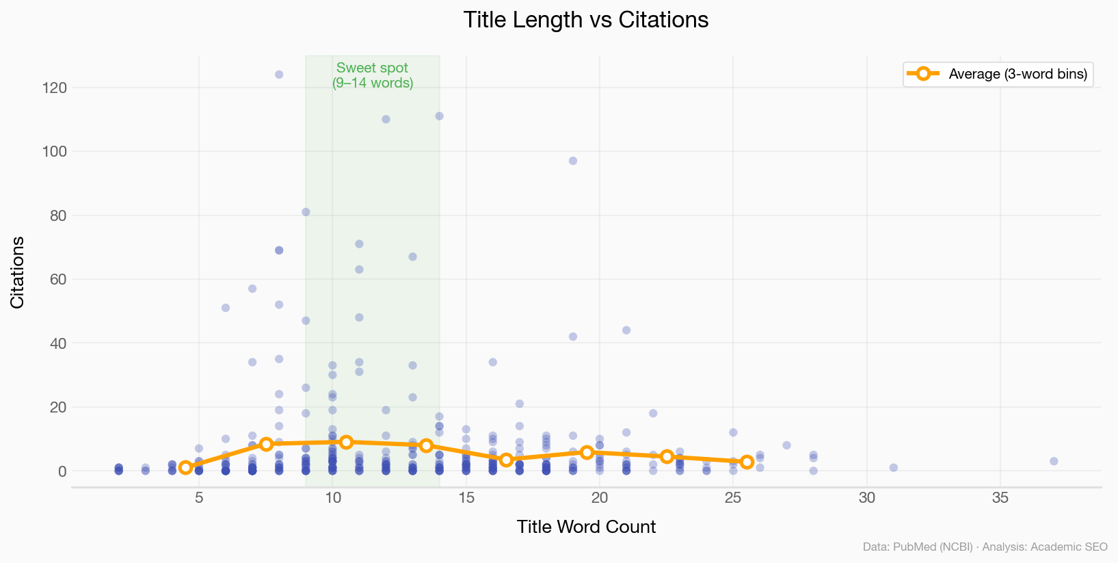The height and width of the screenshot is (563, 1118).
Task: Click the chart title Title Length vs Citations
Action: coord(585,20)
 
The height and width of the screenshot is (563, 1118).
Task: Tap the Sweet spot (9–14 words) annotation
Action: coord(373,75)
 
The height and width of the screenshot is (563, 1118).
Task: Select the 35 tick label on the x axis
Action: coord(1000,498)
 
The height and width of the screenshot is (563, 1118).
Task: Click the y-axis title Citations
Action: coord(18,272)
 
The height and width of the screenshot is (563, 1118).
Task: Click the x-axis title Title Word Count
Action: coord(586,527)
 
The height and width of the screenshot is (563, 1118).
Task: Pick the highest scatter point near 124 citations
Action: coord(279,75)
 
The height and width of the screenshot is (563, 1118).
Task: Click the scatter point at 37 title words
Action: coord(1054,461)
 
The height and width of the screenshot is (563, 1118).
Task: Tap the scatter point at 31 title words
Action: coord(893,468)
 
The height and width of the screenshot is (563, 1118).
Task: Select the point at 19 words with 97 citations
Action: coord(573,161)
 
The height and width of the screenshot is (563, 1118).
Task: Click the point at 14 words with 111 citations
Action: coord(439,116)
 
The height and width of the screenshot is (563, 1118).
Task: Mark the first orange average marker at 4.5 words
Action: coord(185,467)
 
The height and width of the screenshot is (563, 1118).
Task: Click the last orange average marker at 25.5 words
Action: coord(747,462)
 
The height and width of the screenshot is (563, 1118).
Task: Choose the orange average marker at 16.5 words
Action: coord(506,460)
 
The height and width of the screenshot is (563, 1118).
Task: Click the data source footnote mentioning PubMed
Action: coord(985,547)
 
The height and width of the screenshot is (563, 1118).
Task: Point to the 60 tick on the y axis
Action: coord(57,279)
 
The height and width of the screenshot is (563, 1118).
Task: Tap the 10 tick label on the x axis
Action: coord(332,498)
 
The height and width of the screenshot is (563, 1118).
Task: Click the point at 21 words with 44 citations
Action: coord(626,330)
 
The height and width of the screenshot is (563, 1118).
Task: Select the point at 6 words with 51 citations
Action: coord(226,308)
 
